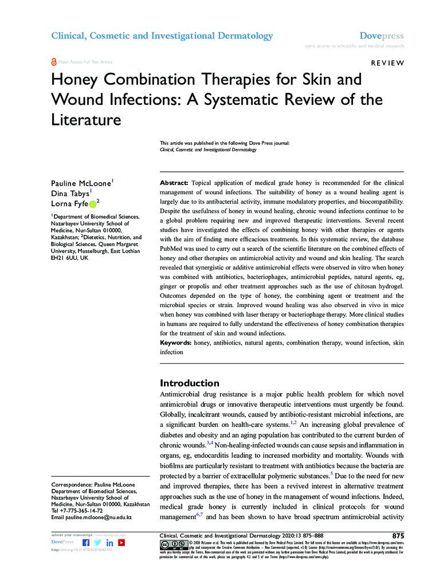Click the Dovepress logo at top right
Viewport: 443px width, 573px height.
click(x=382, y=36)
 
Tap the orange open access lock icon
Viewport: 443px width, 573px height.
click(x=54, y=61)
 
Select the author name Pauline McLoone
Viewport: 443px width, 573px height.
click(x=81, y=183)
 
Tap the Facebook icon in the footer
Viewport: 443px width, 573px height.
click(x=86, y=542)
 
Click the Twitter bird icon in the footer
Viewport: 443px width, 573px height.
click(x=98, y=542)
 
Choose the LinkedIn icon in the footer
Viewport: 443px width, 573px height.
click(x=109, y=542)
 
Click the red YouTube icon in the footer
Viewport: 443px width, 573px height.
click(x=121, y=542)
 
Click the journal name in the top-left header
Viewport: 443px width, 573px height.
click(x=162, y=36)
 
